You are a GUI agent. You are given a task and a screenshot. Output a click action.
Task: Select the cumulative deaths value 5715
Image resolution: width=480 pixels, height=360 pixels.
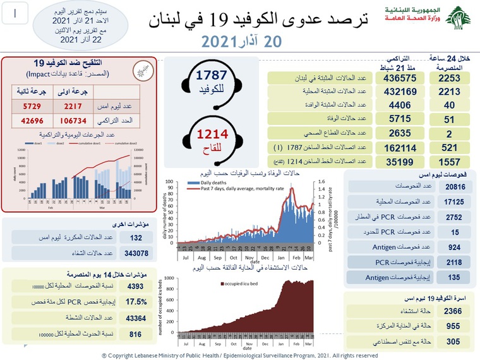coord(396,119)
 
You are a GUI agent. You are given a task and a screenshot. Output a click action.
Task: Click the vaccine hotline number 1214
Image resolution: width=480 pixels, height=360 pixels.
coord(212,135)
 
